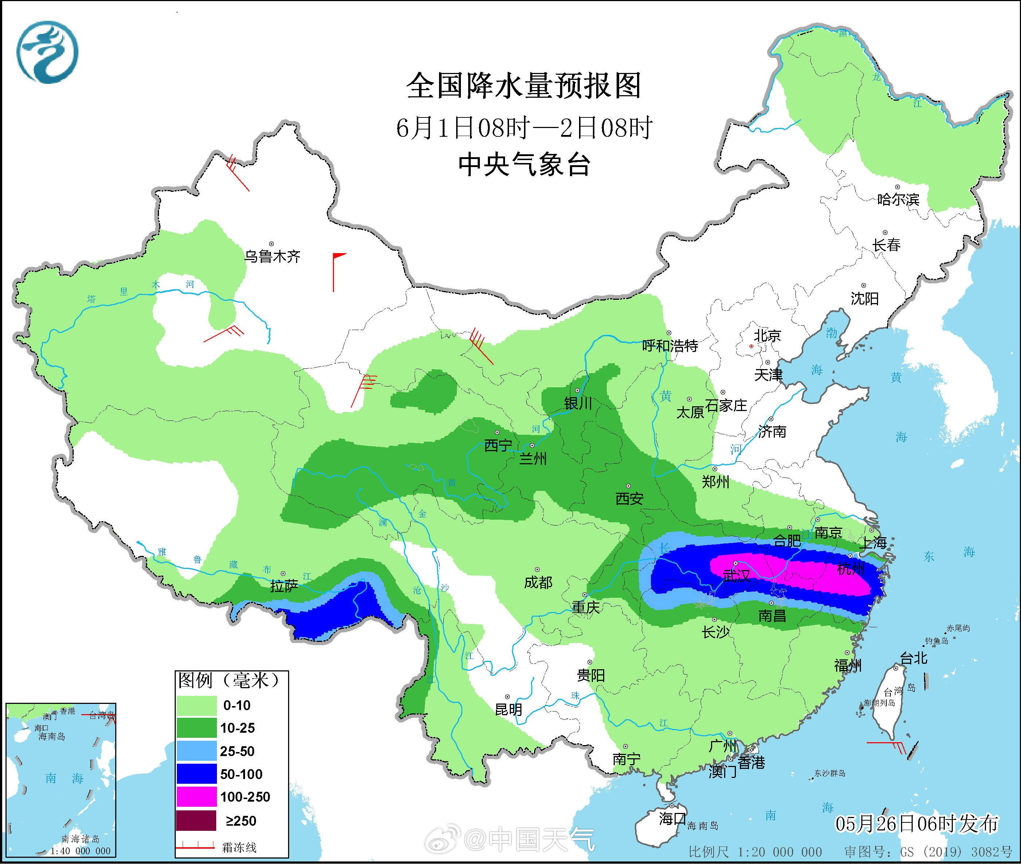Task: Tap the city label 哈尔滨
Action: [898, 199]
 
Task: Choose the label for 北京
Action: [767, 336]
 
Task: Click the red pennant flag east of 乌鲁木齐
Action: [339, 257]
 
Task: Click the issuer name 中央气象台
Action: [524, 165]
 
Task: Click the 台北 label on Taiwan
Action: [914, 658]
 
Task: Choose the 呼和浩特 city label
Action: [670, 346]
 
